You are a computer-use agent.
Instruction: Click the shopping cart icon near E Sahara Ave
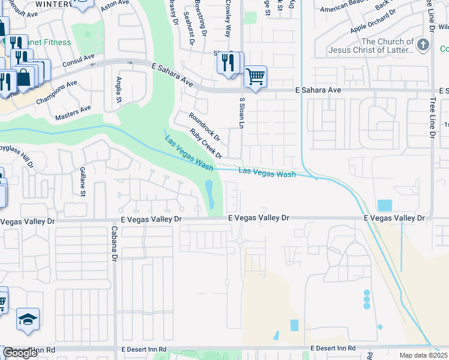coord(256,76)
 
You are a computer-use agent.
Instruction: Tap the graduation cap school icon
coord(28,320)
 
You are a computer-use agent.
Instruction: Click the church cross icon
coord(424,45)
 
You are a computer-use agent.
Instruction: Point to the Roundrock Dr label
coord(205,127)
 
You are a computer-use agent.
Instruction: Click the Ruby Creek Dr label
coord(206,143)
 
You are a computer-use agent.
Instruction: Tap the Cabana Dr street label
coord(113,244)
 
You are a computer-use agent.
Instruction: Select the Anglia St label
coord(119,90)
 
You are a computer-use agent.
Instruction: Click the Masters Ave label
coord(73,112)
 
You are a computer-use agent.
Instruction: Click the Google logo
coord(20,353)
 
